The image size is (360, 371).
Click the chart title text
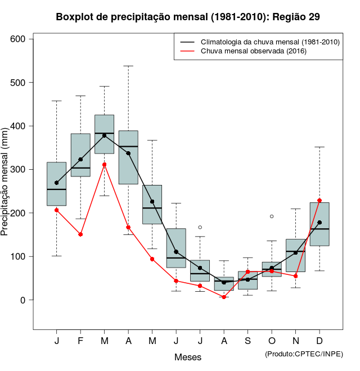188,17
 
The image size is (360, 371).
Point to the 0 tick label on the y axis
23,300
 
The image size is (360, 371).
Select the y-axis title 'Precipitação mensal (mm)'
6,185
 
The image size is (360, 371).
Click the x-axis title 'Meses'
188,357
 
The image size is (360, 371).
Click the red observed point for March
105,165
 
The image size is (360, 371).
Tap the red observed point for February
80,234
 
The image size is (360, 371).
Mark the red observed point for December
319,201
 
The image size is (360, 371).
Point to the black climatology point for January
56,183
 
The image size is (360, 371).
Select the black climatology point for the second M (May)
152,202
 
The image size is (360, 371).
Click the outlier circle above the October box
272,216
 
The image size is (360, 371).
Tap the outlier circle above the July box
200,227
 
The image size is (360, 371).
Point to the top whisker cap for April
128,66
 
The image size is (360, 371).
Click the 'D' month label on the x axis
319,342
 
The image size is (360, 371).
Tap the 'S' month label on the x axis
247,342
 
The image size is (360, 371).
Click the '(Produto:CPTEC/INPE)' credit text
304,354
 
